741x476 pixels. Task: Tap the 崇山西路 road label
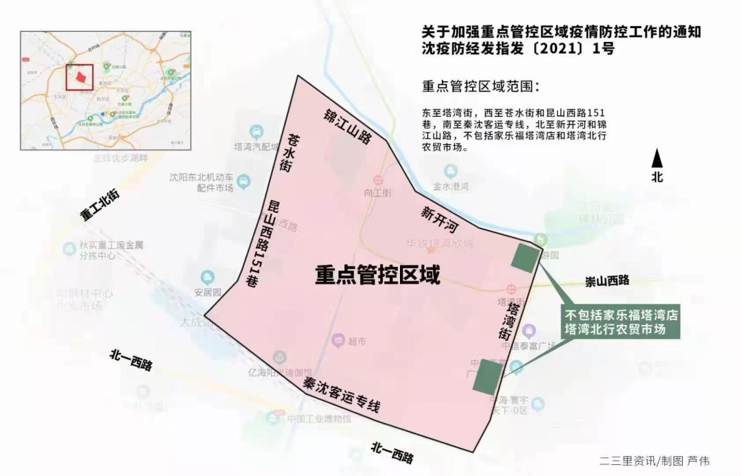click(607, 280)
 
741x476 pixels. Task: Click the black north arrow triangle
click(657, 159)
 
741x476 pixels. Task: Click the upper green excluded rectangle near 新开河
click(526, 258)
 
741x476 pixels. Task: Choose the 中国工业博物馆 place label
click(319, 419)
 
